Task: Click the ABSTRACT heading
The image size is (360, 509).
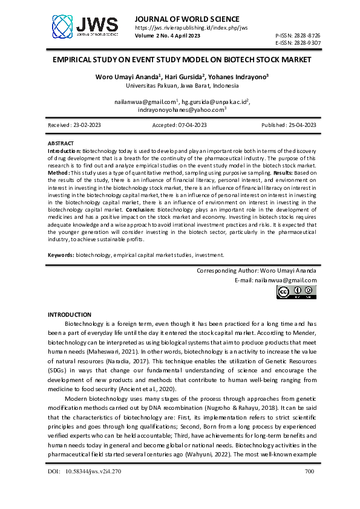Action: coord(61,143)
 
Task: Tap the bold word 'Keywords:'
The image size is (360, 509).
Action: coord(61,255)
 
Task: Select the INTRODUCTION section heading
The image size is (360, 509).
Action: coord(69,315)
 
